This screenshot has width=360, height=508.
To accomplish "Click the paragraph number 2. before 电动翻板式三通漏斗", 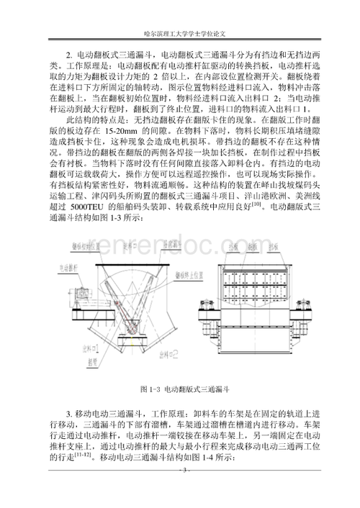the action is pyautogui.click(x=69, y=54).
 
